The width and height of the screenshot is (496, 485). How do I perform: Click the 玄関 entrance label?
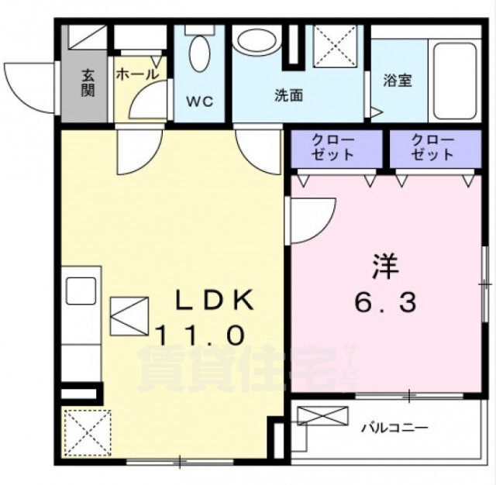pyautogui.click(x=88, y=82)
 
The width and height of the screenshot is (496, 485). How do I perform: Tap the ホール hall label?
pyautogui.click(x=137, y=74)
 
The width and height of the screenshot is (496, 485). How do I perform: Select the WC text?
pyautogui.click(x=199, y=101)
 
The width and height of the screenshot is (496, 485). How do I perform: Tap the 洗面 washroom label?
pyautogui.click(x=288, y=95)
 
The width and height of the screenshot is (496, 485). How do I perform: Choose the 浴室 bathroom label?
pyautogui.click(x=398, y=81)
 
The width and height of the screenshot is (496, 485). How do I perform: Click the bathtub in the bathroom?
pyautogui.click(x=455, y=81)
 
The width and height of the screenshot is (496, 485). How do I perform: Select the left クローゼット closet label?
pyautogui.click(x=332, y=148)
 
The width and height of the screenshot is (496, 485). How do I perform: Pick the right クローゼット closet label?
pyautogui.click(x=432, y=148)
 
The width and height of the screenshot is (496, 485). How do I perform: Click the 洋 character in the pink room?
pyautogui.click(x=385, y=267)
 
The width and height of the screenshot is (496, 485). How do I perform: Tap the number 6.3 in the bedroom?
pyautogui.click(x=385, y=302)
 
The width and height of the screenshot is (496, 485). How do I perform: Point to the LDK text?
pyautogui.click(x=215, y=300)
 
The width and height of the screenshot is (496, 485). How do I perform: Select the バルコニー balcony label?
pyautogui.click(x=394, y=428)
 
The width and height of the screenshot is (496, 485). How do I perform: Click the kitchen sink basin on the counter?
pyautogui.click(x=81, y=291)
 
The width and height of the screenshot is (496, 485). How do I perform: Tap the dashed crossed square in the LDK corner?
pyautogui.click(x=88, y=433)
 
